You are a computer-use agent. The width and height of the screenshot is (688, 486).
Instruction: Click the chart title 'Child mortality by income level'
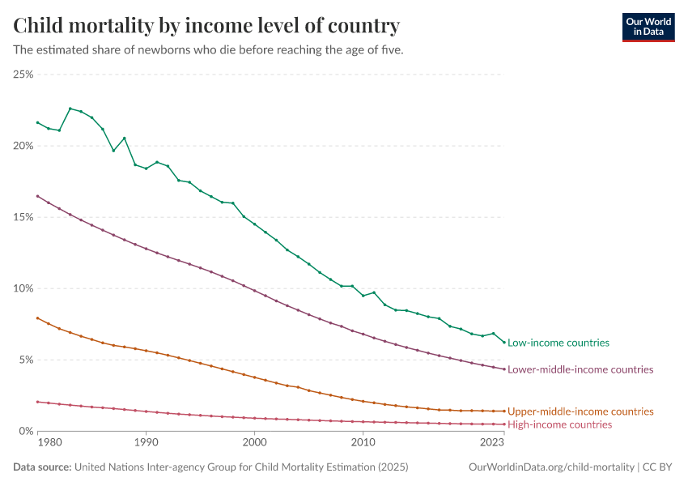206,27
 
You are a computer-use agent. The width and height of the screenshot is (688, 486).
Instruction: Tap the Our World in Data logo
648,27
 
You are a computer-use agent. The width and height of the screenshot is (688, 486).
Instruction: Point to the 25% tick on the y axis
23,75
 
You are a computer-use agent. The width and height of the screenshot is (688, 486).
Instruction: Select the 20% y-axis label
23,146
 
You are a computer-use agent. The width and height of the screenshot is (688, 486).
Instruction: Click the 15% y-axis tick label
23,217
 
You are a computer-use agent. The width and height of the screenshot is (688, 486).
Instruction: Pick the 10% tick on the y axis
23,288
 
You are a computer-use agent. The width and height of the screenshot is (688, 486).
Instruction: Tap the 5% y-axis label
25,360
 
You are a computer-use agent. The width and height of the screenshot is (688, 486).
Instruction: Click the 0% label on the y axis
25,431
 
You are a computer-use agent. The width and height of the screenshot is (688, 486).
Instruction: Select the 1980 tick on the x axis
49,443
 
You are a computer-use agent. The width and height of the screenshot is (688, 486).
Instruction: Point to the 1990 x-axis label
146,443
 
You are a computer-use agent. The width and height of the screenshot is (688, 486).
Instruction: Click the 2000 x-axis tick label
254,443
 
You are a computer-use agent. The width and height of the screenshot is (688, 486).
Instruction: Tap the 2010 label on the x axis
363,443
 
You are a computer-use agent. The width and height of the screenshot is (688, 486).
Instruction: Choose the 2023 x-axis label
492,443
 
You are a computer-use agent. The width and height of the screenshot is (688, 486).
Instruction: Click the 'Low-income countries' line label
558,343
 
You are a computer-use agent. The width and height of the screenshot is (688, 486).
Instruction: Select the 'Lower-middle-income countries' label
580,369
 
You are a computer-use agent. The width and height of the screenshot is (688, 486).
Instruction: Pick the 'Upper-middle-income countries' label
580,411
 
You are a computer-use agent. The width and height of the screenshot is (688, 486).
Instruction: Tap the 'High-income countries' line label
559,424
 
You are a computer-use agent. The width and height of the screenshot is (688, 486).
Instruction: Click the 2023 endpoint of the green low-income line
503,342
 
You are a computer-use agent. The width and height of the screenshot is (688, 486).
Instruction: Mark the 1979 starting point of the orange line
37,318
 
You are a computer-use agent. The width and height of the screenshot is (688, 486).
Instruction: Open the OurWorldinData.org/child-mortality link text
552,467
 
